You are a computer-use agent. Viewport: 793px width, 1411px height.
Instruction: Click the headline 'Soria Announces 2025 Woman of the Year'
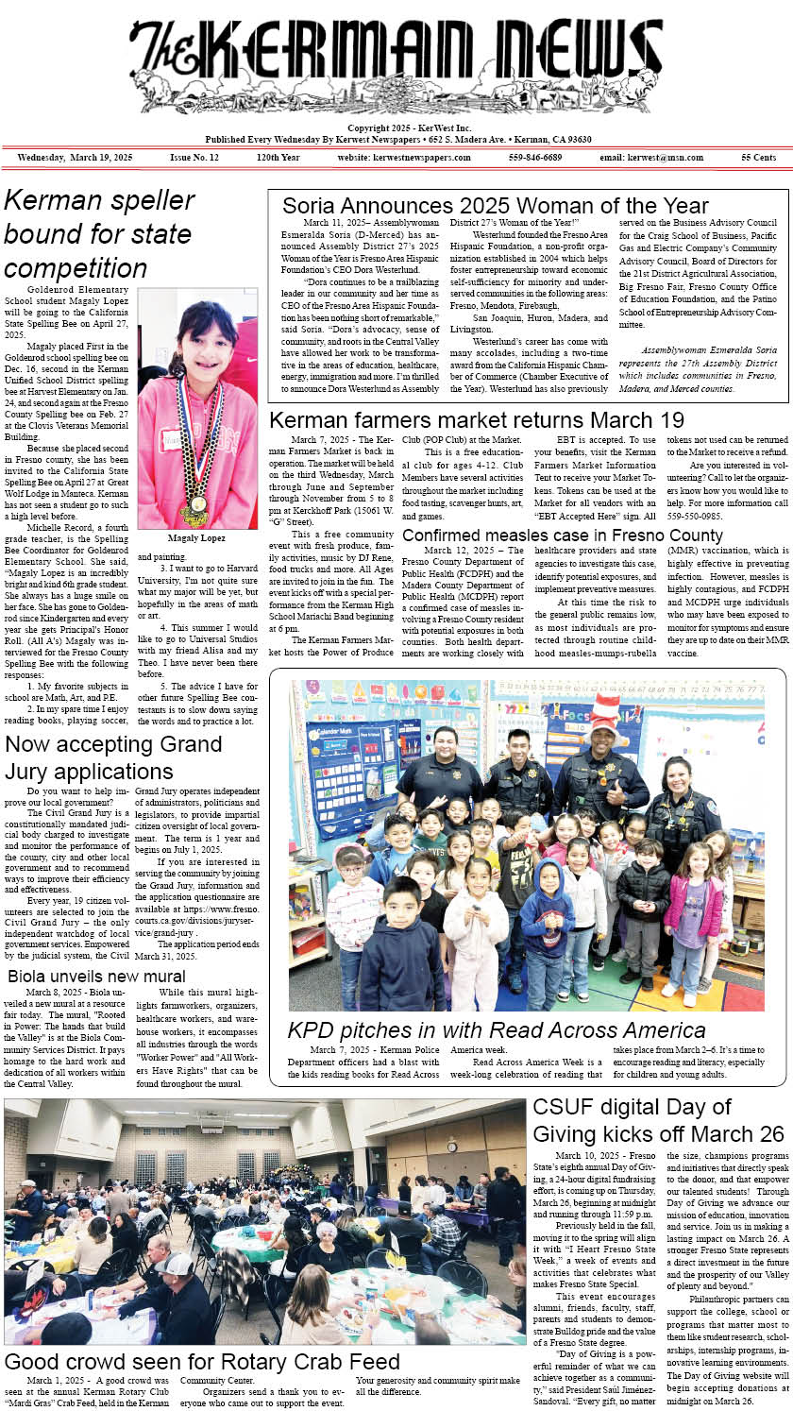click(x=495, y=206)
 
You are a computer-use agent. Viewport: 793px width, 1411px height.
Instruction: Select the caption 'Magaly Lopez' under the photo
click(x=196, y=537)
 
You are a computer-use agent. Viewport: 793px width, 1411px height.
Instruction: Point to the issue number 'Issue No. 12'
click(x=194, y=157)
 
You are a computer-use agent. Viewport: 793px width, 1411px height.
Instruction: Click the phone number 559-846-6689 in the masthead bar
click(x=534, y=157)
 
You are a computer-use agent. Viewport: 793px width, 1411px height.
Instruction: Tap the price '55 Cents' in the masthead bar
click(x=759, y=157)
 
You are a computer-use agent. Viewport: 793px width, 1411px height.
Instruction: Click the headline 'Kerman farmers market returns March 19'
click(x=477, y=420)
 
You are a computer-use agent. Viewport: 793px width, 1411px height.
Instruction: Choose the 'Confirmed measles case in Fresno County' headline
click(x=562, y=535)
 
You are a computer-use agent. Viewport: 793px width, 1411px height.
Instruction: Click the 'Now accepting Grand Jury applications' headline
click(x=100, y=757)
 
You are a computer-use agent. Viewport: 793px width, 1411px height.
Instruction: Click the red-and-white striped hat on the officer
click(x=605, y=709)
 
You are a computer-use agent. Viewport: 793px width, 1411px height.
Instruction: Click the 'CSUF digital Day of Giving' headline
click(x=658, y=1120)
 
